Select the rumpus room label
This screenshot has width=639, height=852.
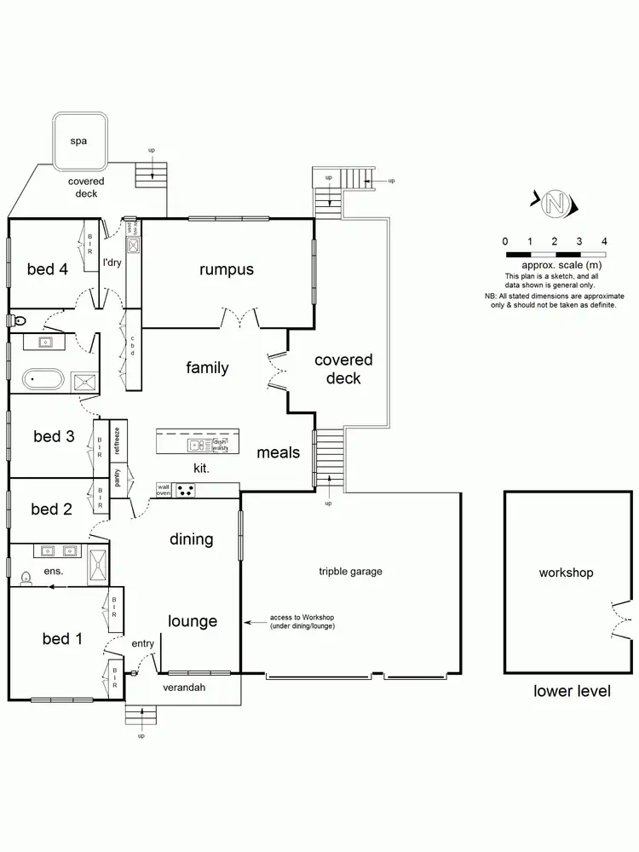click(227, 270)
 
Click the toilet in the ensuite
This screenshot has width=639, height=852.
click(26, 579)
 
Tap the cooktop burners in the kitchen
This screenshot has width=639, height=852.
click(187, 490)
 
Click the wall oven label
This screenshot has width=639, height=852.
click(164, 490)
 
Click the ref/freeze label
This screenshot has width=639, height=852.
click(118, 439)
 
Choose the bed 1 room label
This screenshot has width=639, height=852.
click(61, 638)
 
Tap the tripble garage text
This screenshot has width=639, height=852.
click(350, 572)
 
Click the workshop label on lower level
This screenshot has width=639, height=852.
click(566, 573)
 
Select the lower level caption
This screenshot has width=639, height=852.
click(572, 691)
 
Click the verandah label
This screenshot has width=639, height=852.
click(185, 687)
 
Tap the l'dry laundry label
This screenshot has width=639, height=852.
click(112, 263)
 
